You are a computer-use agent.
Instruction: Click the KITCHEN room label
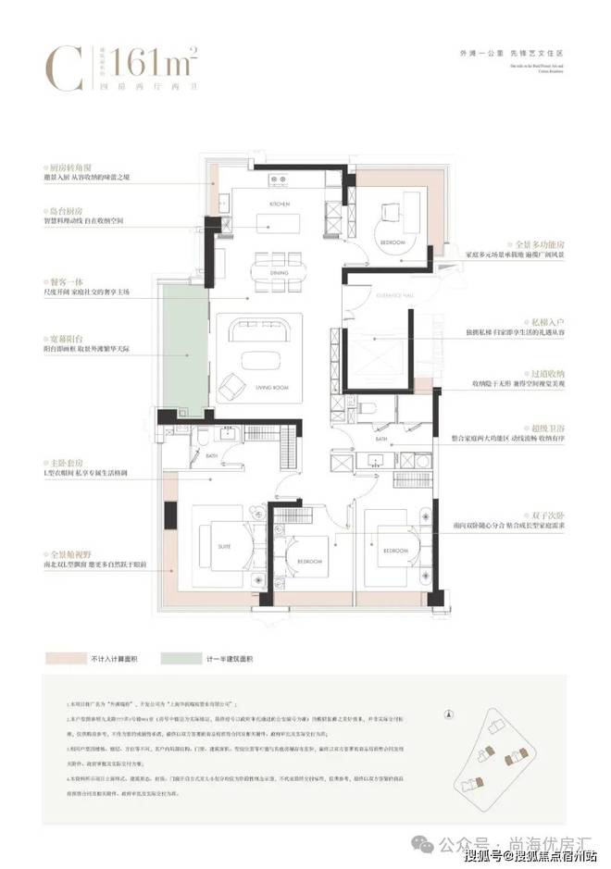pyautogui.click(x=281, y=203)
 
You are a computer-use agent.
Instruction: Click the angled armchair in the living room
pyautogui.click(x=231, y=381)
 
